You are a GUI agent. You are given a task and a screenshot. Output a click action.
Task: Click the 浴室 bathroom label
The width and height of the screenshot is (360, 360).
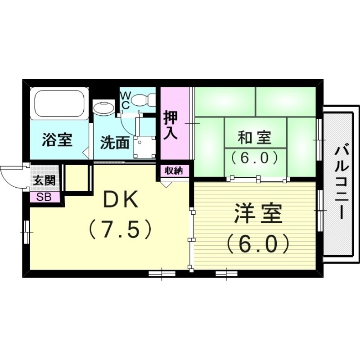pos(57,140)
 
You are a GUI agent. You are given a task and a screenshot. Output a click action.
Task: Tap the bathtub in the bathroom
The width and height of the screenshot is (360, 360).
pos(60,104)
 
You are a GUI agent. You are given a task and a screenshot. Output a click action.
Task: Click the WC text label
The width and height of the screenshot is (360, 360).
pos(126,100)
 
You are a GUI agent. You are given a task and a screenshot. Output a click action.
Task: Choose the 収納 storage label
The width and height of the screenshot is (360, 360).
pos(174,170)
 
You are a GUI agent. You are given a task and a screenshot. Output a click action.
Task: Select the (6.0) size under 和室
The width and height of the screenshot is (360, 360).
pos(255,157)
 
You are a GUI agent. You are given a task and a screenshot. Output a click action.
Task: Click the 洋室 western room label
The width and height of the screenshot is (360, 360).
pos(258,214)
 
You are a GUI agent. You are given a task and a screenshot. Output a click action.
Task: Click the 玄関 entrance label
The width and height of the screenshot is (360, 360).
pos(44,181)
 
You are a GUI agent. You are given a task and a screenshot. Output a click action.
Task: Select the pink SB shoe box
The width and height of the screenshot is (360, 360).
pos(44,197)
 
